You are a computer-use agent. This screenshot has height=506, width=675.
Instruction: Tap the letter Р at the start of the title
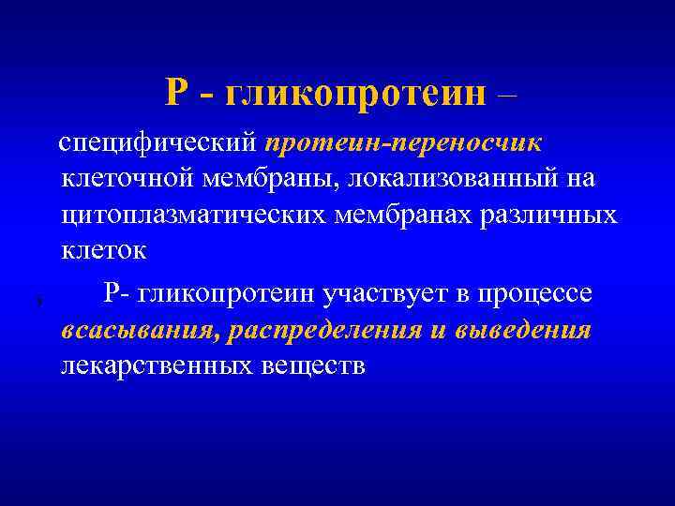[177, 93]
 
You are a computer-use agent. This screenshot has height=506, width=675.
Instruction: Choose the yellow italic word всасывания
[125, 330]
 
